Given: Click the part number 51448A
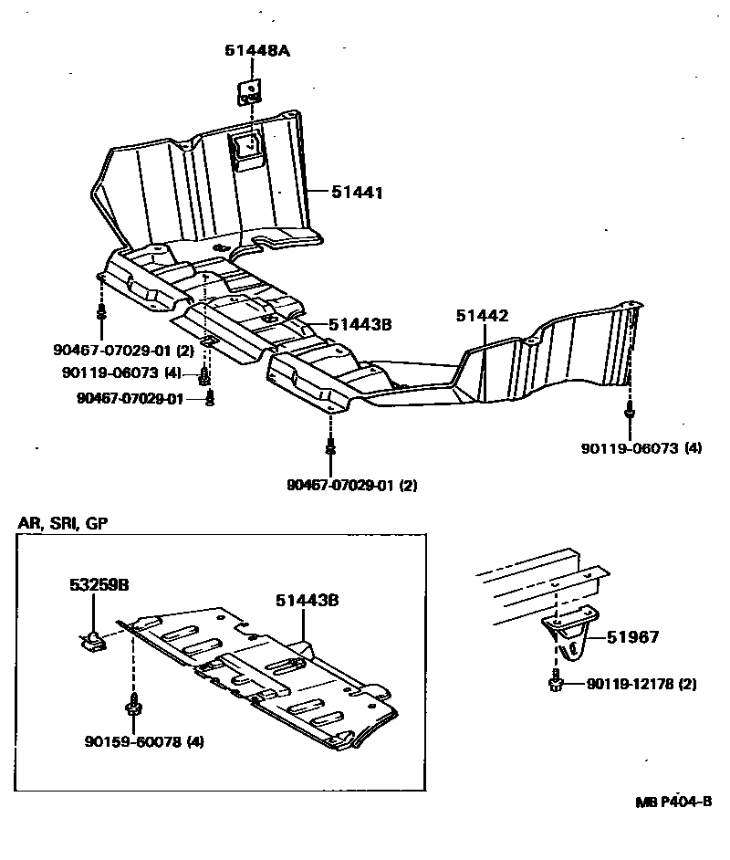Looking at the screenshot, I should (x=257, y=51).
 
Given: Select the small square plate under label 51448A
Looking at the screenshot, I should (x=248, y=91).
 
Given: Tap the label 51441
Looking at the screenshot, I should (x=356, y=193).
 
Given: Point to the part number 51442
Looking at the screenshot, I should (x=483, y=315).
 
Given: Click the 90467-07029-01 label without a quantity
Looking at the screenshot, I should (x=130, y=398).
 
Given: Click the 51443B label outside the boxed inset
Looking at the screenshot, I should (x=360, y=323).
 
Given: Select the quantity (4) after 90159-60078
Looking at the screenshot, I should (x=194, y=741).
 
